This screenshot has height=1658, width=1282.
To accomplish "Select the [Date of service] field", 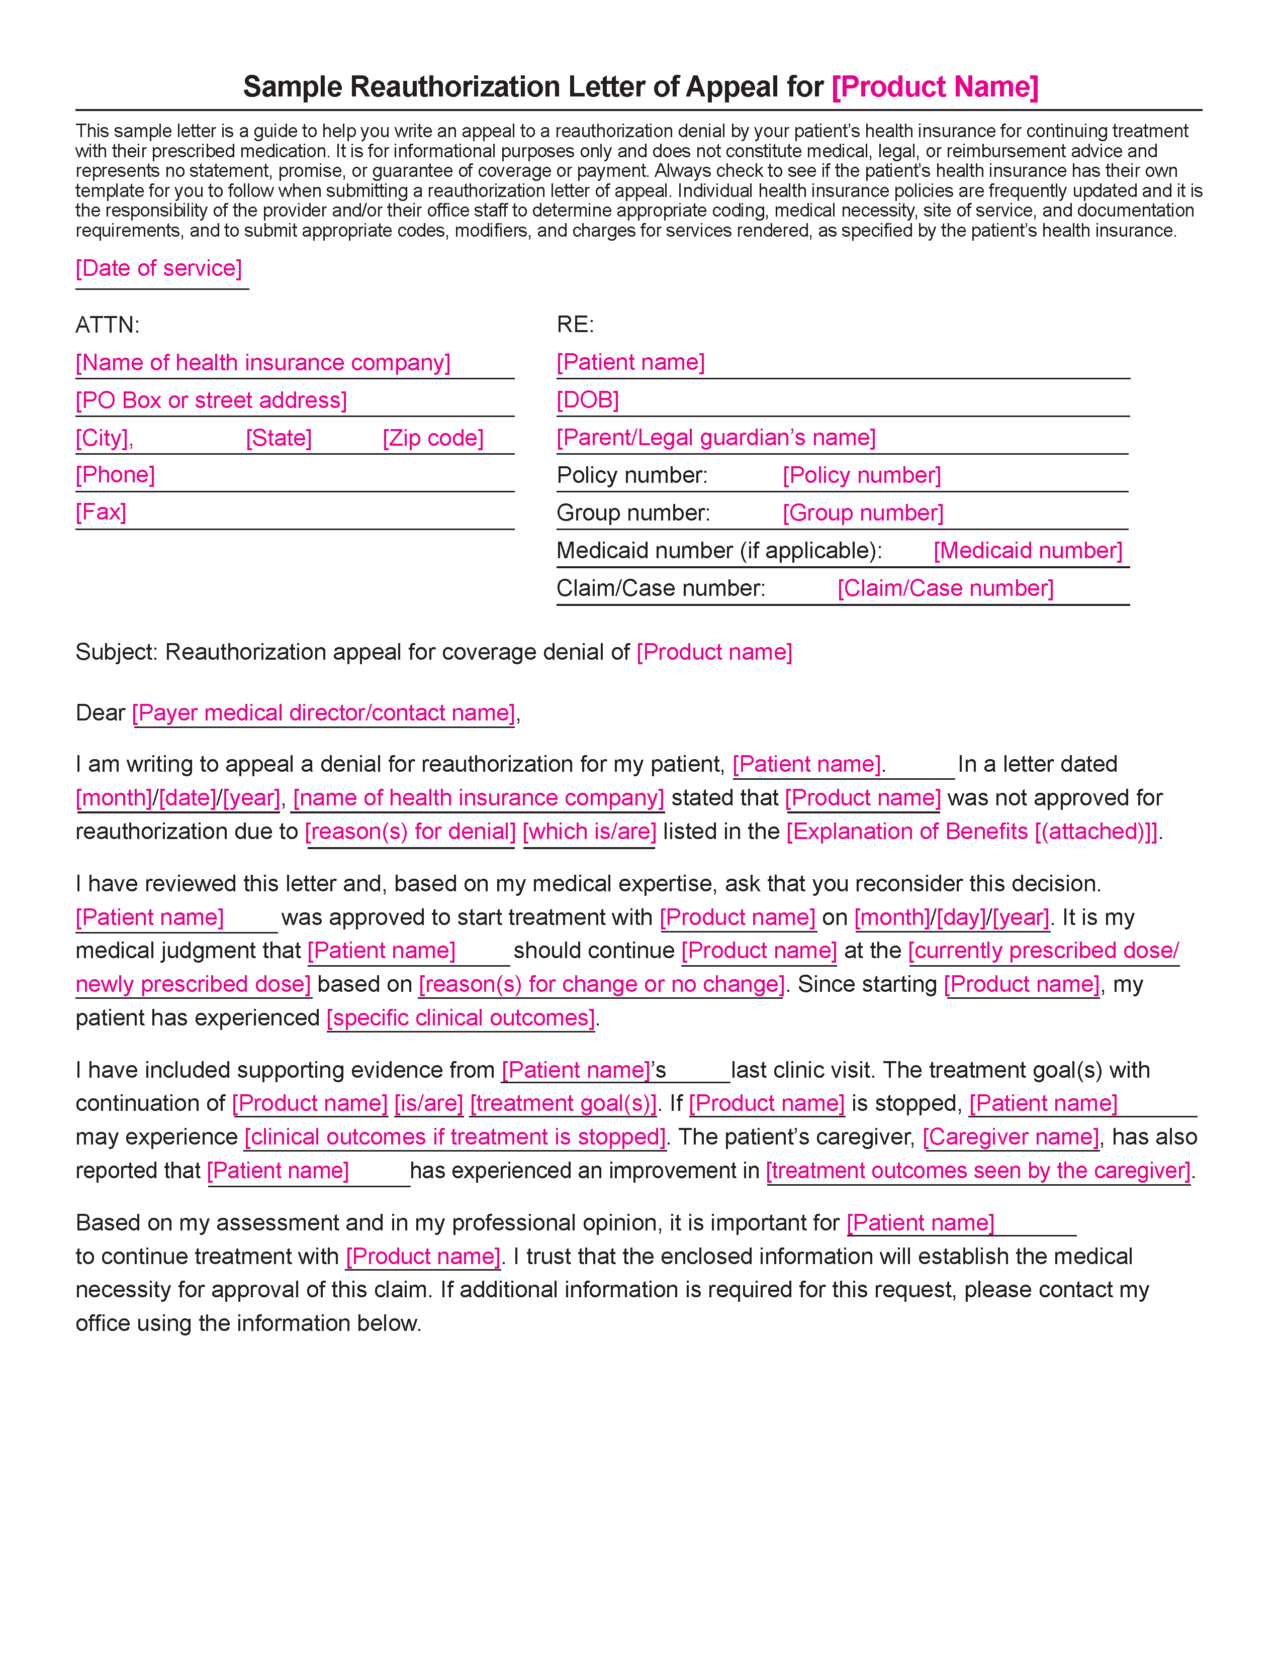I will (159, 269).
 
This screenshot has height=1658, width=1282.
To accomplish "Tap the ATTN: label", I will (107, 325).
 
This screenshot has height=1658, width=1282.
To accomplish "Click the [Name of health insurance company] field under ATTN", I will (263, 363).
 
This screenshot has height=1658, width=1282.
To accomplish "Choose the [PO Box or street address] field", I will (211, 401).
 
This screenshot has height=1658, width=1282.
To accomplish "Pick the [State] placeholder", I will (279, 438).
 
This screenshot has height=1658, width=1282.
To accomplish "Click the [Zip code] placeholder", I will (433, 438).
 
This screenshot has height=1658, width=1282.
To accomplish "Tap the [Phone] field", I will (116, 475).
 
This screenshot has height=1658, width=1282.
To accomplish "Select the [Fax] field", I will (101, 512).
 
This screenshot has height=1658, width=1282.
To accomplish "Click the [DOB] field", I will (588, 400).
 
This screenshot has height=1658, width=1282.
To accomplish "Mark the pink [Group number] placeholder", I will (863, 513).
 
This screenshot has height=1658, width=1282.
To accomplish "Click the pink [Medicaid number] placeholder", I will (1028, 550).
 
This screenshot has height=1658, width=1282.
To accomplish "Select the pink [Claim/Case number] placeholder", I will (946, 588).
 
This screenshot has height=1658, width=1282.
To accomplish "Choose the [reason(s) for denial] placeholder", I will (410, 832).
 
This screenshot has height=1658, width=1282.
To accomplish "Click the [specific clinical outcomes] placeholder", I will (461, 1018).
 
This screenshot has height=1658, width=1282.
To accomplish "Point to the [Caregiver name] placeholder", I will (1011, 1137).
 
